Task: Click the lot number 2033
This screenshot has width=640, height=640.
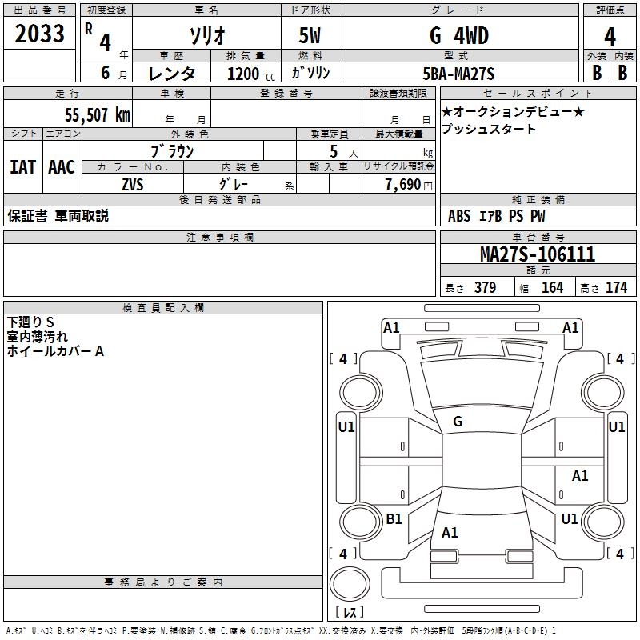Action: click(39, 34)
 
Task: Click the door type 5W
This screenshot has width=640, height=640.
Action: click(310, 36)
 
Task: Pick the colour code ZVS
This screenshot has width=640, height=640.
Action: click(133, 184)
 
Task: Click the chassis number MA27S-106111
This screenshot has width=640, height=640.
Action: click(537, 254)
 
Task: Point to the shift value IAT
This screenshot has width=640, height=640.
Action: click(23, 166)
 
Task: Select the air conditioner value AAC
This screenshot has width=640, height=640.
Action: click(62, 166)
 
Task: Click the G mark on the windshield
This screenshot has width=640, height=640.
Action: click(458, 422)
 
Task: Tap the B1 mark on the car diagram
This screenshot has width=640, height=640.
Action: click(394, 518)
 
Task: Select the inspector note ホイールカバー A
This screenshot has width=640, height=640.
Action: click(55, 351)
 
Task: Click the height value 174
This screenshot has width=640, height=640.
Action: click(616, 287)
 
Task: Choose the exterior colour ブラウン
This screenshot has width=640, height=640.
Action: click(172, 150)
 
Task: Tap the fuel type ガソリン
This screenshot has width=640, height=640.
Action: click(311, 74)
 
